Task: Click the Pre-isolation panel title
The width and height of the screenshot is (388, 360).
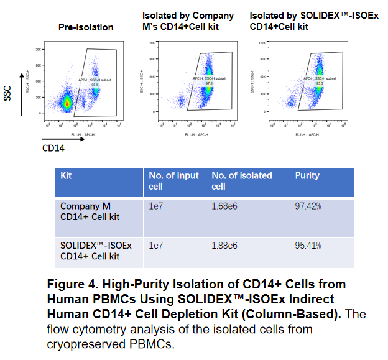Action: pos(86,27)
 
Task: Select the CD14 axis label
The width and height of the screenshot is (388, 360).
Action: pos(54,148)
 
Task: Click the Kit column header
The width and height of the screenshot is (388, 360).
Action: pos(66,175)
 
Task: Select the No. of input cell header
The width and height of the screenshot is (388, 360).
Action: pos(173,181)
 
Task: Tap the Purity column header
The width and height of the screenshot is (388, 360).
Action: pos(307,175)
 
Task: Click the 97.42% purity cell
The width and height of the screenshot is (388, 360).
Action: pos(308,205)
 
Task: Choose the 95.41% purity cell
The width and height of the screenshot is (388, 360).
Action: pos(308,245)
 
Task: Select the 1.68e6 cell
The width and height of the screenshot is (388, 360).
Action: pos(224,205)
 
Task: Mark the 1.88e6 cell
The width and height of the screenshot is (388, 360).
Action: pos(224,245)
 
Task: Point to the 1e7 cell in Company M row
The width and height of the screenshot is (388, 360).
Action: pos(155,205)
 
